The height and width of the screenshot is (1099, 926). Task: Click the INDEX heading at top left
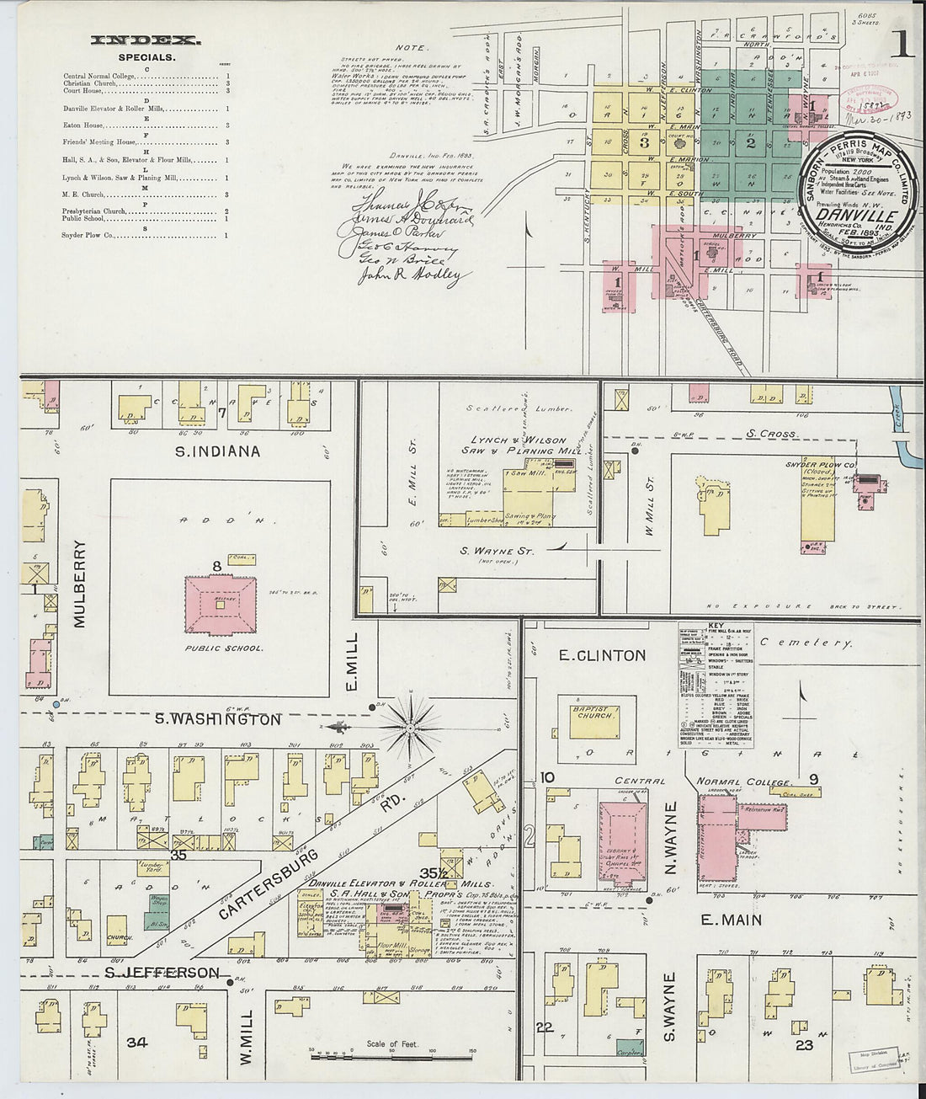(145, 40)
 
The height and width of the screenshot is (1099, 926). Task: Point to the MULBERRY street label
(81, 584)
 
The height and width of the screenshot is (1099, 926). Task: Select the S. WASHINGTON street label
(217, 720)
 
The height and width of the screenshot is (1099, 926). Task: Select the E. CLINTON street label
(602, 655)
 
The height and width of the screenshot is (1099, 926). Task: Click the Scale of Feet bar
(391, 1054)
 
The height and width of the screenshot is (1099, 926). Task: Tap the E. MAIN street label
(731, 920)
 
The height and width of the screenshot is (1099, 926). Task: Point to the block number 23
(804, 1044)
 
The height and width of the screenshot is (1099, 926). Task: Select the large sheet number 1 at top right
(904, 46)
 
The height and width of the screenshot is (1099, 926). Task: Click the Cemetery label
(806, 643)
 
